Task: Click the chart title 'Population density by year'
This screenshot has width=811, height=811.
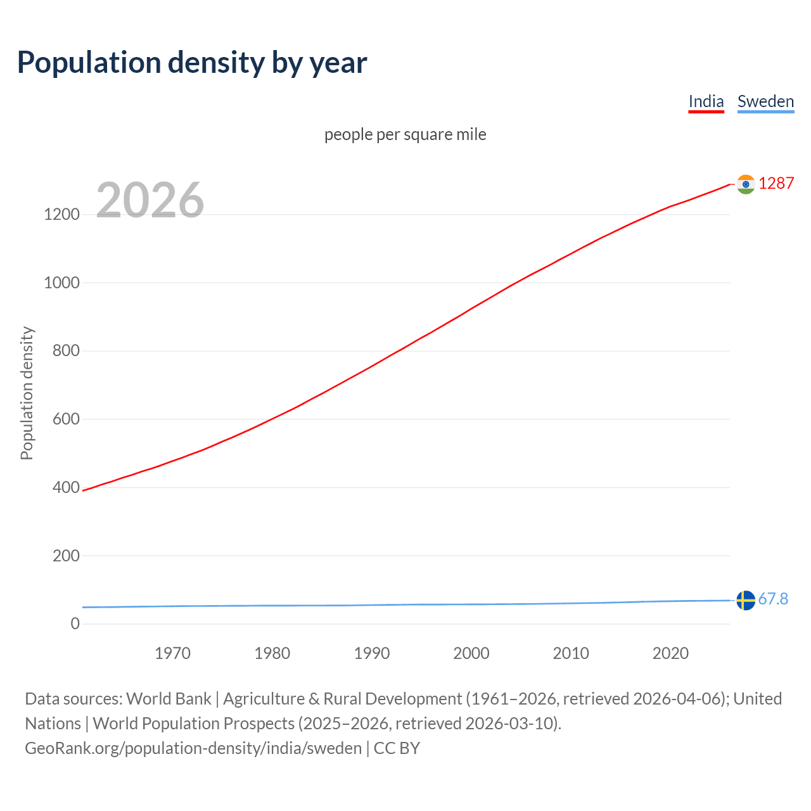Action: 192,62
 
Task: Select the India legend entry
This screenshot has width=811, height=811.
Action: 706,101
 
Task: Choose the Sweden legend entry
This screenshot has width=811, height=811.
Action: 765,101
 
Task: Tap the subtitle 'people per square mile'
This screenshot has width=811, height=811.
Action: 405,134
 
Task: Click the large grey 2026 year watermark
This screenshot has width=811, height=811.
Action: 150,200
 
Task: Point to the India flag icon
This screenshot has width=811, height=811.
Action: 746,184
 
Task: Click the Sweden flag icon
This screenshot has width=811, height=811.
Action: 746,600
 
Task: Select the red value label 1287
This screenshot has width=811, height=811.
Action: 776,183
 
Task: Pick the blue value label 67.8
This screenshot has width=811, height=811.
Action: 773,599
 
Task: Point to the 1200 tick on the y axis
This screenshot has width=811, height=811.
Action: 61,214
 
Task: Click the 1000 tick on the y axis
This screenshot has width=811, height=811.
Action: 61,283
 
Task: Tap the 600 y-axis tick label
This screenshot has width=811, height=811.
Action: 66,419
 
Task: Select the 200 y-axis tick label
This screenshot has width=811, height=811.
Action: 66,556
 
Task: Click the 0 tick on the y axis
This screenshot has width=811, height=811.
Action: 75,623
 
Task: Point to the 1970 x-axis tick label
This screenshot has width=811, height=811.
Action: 172,653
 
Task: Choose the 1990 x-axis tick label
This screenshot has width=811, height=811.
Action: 372,653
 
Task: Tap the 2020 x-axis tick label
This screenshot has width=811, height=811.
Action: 670,653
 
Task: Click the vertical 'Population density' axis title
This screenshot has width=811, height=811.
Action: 27,393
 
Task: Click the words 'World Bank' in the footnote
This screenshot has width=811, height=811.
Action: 169,699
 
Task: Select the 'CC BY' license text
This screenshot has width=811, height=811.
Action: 397,748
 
